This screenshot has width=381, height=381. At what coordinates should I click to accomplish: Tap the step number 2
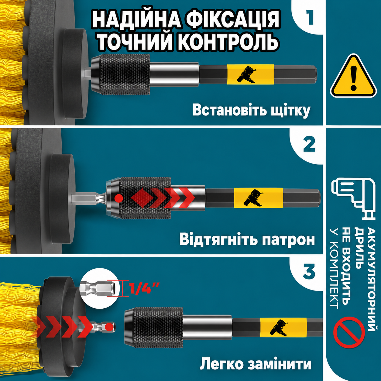[309, 145]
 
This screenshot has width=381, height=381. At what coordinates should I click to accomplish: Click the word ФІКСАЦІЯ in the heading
[233, 20]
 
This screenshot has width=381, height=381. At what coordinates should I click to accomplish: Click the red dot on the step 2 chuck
[119, 198]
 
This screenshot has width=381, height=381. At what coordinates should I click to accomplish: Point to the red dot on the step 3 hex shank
[108, 327]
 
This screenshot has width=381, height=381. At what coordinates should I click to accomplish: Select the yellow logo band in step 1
[251, 74]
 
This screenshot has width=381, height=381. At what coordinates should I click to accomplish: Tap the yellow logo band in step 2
[258, 197]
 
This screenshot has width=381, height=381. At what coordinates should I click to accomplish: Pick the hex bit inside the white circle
[98, 288]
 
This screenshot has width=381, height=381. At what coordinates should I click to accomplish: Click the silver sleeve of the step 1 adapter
[174, 74]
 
